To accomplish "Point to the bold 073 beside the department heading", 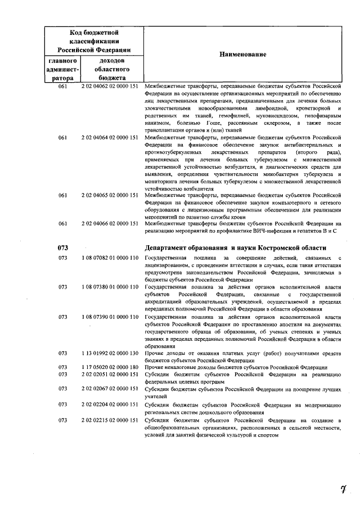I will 63,247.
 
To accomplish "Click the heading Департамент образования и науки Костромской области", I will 235,247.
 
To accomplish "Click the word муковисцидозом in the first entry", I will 271,115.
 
